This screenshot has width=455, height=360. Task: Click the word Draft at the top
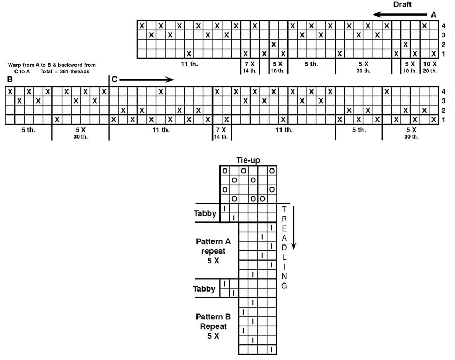click(402, 5)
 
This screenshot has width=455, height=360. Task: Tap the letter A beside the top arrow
click(434, 15)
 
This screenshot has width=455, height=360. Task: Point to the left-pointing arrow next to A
click(400, 14)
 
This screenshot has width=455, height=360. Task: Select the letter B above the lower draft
click(10, 79)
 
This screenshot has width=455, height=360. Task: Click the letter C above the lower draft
click(115, 79)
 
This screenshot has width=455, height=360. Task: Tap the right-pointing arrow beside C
click(147, 80)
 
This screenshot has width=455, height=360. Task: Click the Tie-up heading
click(248, 160)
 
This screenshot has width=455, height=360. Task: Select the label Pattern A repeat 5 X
click(213, 251)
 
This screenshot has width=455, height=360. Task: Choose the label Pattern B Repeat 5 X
click(213, 326)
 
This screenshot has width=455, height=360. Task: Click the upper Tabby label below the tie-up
click(205, 213)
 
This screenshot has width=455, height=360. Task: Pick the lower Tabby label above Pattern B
click(204, 289)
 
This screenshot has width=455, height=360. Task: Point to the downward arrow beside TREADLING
click(294, 228)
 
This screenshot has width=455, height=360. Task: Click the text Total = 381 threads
click(65, 71)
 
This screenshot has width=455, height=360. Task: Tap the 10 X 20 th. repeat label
click(430, 67)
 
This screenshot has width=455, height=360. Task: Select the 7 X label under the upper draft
click(249, 64)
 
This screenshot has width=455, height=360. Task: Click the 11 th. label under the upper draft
click(189, 64)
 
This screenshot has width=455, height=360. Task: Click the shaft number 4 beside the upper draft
click(443, 26)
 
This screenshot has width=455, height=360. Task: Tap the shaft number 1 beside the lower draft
click(443, 119)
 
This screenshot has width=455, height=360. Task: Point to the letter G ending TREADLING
click(284, 286)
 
